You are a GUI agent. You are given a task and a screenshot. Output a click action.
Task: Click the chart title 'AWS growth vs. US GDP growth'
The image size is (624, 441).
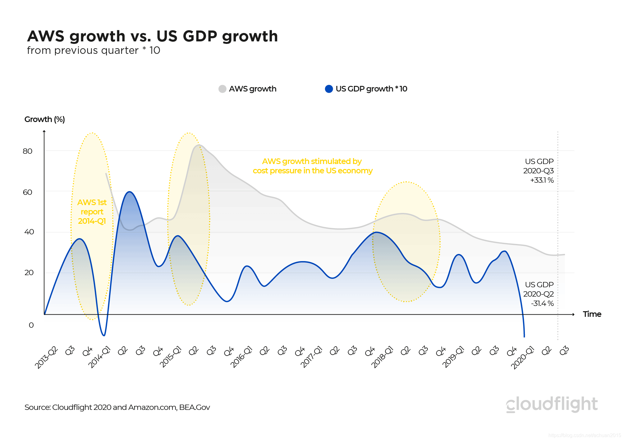[x=152, y=36]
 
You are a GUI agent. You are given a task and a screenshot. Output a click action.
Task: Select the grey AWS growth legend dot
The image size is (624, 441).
[x=222, y=89]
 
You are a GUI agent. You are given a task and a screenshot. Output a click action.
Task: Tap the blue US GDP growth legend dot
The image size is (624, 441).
[x=329, y=89]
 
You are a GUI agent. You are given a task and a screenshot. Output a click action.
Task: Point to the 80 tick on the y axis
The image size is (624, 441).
[x=28, y=151]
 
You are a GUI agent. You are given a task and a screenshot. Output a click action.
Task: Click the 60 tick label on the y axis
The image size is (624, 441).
[x=28, y=192]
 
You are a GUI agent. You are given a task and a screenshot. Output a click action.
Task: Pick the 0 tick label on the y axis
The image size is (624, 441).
[x=31, y=325]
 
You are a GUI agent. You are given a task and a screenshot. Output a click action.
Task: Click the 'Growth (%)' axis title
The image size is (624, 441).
[x=44, y=120]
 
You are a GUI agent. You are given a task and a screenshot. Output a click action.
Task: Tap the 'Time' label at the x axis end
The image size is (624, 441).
[x=592, y=314]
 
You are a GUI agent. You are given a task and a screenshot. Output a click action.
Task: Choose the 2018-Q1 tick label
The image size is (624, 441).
[x=382, y=357]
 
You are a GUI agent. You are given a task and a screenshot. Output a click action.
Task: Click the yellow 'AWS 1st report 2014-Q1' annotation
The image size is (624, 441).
[x=92, y=212]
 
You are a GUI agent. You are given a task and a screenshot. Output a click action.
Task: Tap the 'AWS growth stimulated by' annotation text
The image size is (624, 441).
[x=312, y=162]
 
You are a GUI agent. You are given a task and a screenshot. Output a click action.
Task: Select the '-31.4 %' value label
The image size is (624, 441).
[x=542, y=303]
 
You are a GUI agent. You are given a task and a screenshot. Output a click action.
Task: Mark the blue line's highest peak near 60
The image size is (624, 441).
[x=130, y=192]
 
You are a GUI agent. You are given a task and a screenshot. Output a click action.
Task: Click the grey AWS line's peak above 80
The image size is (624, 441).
[x=199, y=145]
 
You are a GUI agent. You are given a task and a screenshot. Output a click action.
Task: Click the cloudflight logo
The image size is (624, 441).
[x=552, y=404]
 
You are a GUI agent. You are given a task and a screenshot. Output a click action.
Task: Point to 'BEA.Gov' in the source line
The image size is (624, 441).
[x=195, y=407]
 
